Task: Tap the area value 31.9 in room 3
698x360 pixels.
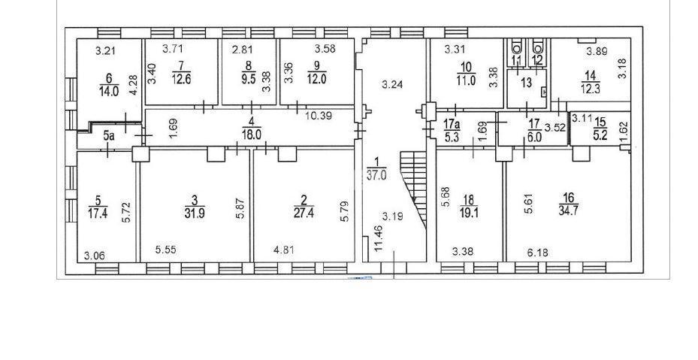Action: [195, 213]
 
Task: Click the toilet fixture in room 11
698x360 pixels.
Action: [517, 47]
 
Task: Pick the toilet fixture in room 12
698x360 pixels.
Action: [539, 47]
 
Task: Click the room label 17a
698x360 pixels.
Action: [450, 121]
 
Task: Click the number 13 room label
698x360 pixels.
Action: [526, 83]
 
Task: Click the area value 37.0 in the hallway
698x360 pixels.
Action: [376, 175]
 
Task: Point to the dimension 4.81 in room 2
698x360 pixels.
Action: [283, 250]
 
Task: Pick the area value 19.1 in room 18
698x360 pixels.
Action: [469, 213]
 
